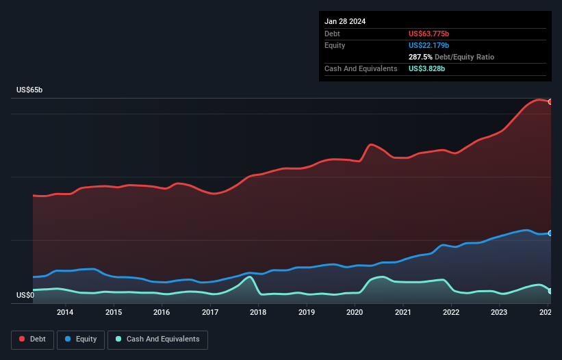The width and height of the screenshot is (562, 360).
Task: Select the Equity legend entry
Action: coord(81,339)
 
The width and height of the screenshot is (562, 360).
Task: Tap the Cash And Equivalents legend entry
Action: coord(157,339)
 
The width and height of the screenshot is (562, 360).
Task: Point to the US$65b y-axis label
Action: coord(30,90)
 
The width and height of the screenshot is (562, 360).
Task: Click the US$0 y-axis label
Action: coord(26,295)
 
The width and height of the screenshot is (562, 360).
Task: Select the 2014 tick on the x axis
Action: coord(65,313)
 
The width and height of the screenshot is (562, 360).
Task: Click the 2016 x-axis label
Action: coord(162,313)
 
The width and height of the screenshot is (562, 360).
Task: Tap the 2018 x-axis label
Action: coord(258,313)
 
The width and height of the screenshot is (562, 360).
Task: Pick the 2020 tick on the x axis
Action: coord(355,313)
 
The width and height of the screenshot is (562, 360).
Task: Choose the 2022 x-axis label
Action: coord(451,313)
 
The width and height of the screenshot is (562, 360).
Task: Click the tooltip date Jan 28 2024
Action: coord(345,21)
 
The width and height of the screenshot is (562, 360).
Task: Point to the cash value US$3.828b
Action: coord(427,68)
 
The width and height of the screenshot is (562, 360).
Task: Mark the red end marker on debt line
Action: coord(550,101)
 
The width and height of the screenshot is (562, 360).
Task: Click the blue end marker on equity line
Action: coord(550,233)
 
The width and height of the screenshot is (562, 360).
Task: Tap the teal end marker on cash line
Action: coord(550,291)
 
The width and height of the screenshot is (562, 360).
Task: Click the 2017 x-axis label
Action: coord(210,313)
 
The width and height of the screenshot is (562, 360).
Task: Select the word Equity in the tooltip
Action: coord(335,45)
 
